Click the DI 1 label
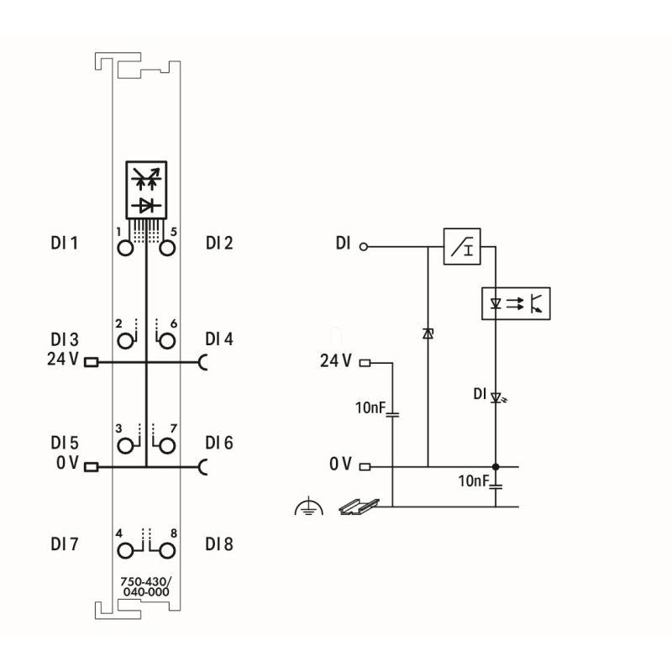point(64,244)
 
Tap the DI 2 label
point(219,244)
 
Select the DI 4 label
point(219,339)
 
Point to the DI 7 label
point(64,543)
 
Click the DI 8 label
point(219,543)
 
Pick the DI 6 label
point(219,444)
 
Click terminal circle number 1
point(126,248)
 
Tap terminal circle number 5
point(166,248)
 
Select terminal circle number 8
point(166,550)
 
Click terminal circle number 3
point(126,445)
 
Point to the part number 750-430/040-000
point(146,586)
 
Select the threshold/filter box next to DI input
point(462,247)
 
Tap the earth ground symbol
point(308,507)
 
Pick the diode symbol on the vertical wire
point(428,334)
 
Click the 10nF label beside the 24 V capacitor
point(369,408)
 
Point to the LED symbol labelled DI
point(496,396)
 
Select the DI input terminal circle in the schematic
point(364,247)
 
